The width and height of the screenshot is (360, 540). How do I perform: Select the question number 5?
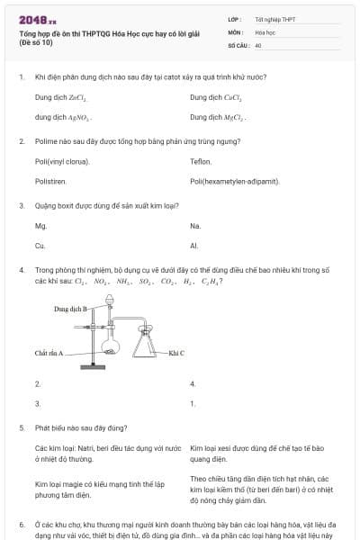pyautogui.click(x=21, y=427)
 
